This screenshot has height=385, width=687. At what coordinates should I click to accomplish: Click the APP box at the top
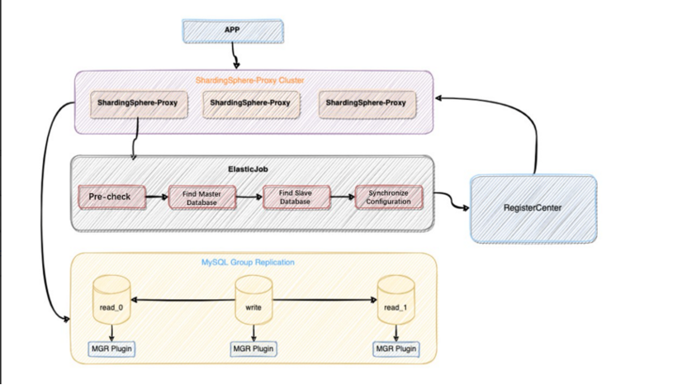click(232, 31)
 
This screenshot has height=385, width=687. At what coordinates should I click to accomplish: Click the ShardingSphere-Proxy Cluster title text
click(249, 80)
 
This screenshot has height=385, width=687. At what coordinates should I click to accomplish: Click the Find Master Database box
click(202, 197)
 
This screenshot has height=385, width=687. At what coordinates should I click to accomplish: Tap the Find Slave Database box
click(296, 197)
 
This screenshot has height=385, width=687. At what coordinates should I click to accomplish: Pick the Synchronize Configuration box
click(388, 197)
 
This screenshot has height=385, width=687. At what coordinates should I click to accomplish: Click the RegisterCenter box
click(533, 208)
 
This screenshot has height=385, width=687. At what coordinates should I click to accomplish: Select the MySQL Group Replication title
click(249, 262)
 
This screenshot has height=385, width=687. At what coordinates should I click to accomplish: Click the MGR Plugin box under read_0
click(111, 349)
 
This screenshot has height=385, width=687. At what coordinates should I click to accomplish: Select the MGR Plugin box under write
click(253, 349)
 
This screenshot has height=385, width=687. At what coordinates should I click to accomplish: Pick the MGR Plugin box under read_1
click(396, 349)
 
